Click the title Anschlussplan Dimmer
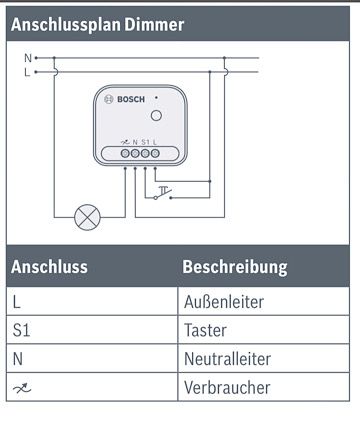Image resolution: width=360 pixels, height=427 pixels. coord(97,24)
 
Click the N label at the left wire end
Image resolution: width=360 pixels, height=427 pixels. coord(27,58)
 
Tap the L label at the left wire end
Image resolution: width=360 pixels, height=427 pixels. coord(27,71)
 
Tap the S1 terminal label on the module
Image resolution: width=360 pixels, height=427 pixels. coord(146,142)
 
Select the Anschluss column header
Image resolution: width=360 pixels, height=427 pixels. coord(49,267)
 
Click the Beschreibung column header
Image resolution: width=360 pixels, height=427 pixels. coord(234,267)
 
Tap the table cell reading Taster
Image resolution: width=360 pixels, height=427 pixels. coord(205,328)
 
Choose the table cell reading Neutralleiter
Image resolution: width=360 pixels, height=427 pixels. coord(227,357)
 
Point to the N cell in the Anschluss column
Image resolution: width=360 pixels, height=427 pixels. coord(17,357)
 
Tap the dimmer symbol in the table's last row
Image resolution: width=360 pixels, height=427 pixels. coord(21,386)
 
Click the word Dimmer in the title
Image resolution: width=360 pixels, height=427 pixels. coord(154,24)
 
